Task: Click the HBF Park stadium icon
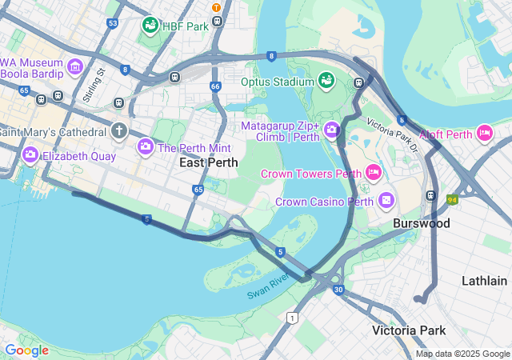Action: coord(150,26)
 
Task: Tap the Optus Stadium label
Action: coord(277,82)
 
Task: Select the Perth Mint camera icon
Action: coord(146,146)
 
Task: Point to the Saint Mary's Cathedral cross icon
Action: coord(119,130)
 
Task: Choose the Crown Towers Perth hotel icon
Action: coord(373,172)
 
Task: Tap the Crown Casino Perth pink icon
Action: coord(386,200)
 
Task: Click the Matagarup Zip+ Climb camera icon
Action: coord(332,131)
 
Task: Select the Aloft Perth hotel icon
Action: coord(484,133)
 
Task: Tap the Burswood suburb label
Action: coord(421,223)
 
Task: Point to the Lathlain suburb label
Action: coord(484,281)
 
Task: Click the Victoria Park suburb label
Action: coord(409,330)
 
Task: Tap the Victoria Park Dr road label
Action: coord(393,135)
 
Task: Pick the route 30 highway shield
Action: coord(338,289)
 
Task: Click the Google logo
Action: coord(26,350)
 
